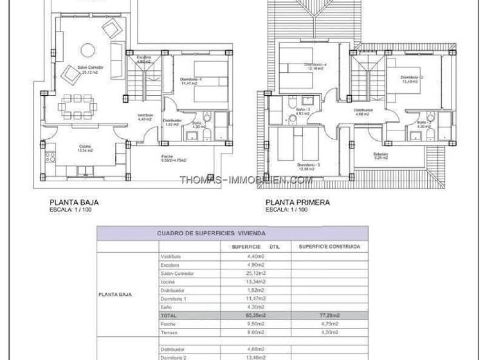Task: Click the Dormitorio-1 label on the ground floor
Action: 192,80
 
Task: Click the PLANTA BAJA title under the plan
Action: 73,202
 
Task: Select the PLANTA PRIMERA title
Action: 298,202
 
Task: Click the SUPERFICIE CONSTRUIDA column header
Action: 329,246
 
